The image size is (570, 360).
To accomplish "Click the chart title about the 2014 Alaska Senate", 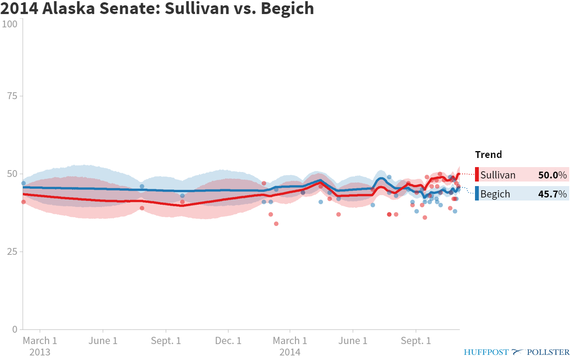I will [x=157, y=8].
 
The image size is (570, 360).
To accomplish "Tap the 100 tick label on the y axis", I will [x=9, y=24].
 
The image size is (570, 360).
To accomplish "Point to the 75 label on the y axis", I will [x=12, y=96].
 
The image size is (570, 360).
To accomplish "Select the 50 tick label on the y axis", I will [x=12, y=174].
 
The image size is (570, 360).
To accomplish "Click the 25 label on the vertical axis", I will [x=12, y=251].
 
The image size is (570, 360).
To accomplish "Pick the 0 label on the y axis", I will [x=15, y=329].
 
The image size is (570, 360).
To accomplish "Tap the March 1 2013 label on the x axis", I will [x=40, y=346].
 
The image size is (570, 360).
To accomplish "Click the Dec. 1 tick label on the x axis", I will [x=228, y=341].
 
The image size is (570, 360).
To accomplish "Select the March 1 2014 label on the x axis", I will [x=290, y=346].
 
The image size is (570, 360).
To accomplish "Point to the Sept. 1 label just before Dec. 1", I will [x=166, y=341].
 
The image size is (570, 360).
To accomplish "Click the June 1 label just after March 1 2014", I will [x=353, y=341].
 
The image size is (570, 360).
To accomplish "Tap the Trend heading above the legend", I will [x=488, y=155].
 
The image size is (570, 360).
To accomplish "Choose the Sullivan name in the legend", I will [x=498, y=175].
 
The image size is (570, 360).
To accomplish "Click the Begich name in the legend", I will [x=495, y=194].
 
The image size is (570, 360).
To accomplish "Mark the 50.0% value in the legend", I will [x=552, y=175].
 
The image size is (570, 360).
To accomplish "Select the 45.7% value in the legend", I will [x=552, y=194].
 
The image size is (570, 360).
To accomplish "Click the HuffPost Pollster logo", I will [x=516, y=352].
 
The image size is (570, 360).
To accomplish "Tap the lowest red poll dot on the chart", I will [x=276, y=224].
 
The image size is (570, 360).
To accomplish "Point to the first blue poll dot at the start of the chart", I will [x=24, y=183].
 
